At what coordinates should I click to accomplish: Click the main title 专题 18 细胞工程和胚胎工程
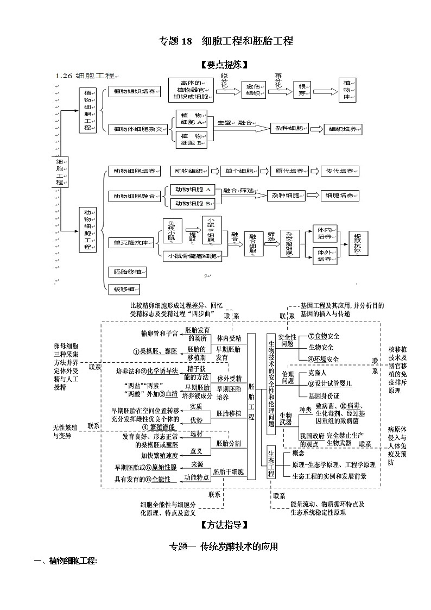[225, 41]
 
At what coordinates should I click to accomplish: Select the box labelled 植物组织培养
[134, 92]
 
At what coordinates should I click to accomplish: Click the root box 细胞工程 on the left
[60, 172]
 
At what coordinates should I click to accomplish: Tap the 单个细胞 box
[239, 172]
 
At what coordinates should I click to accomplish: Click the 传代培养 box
[340, 172]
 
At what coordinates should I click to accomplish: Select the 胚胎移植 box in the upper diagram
[128, 272]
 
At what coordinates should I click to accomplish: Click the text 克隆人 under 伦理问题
[317, 374]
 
